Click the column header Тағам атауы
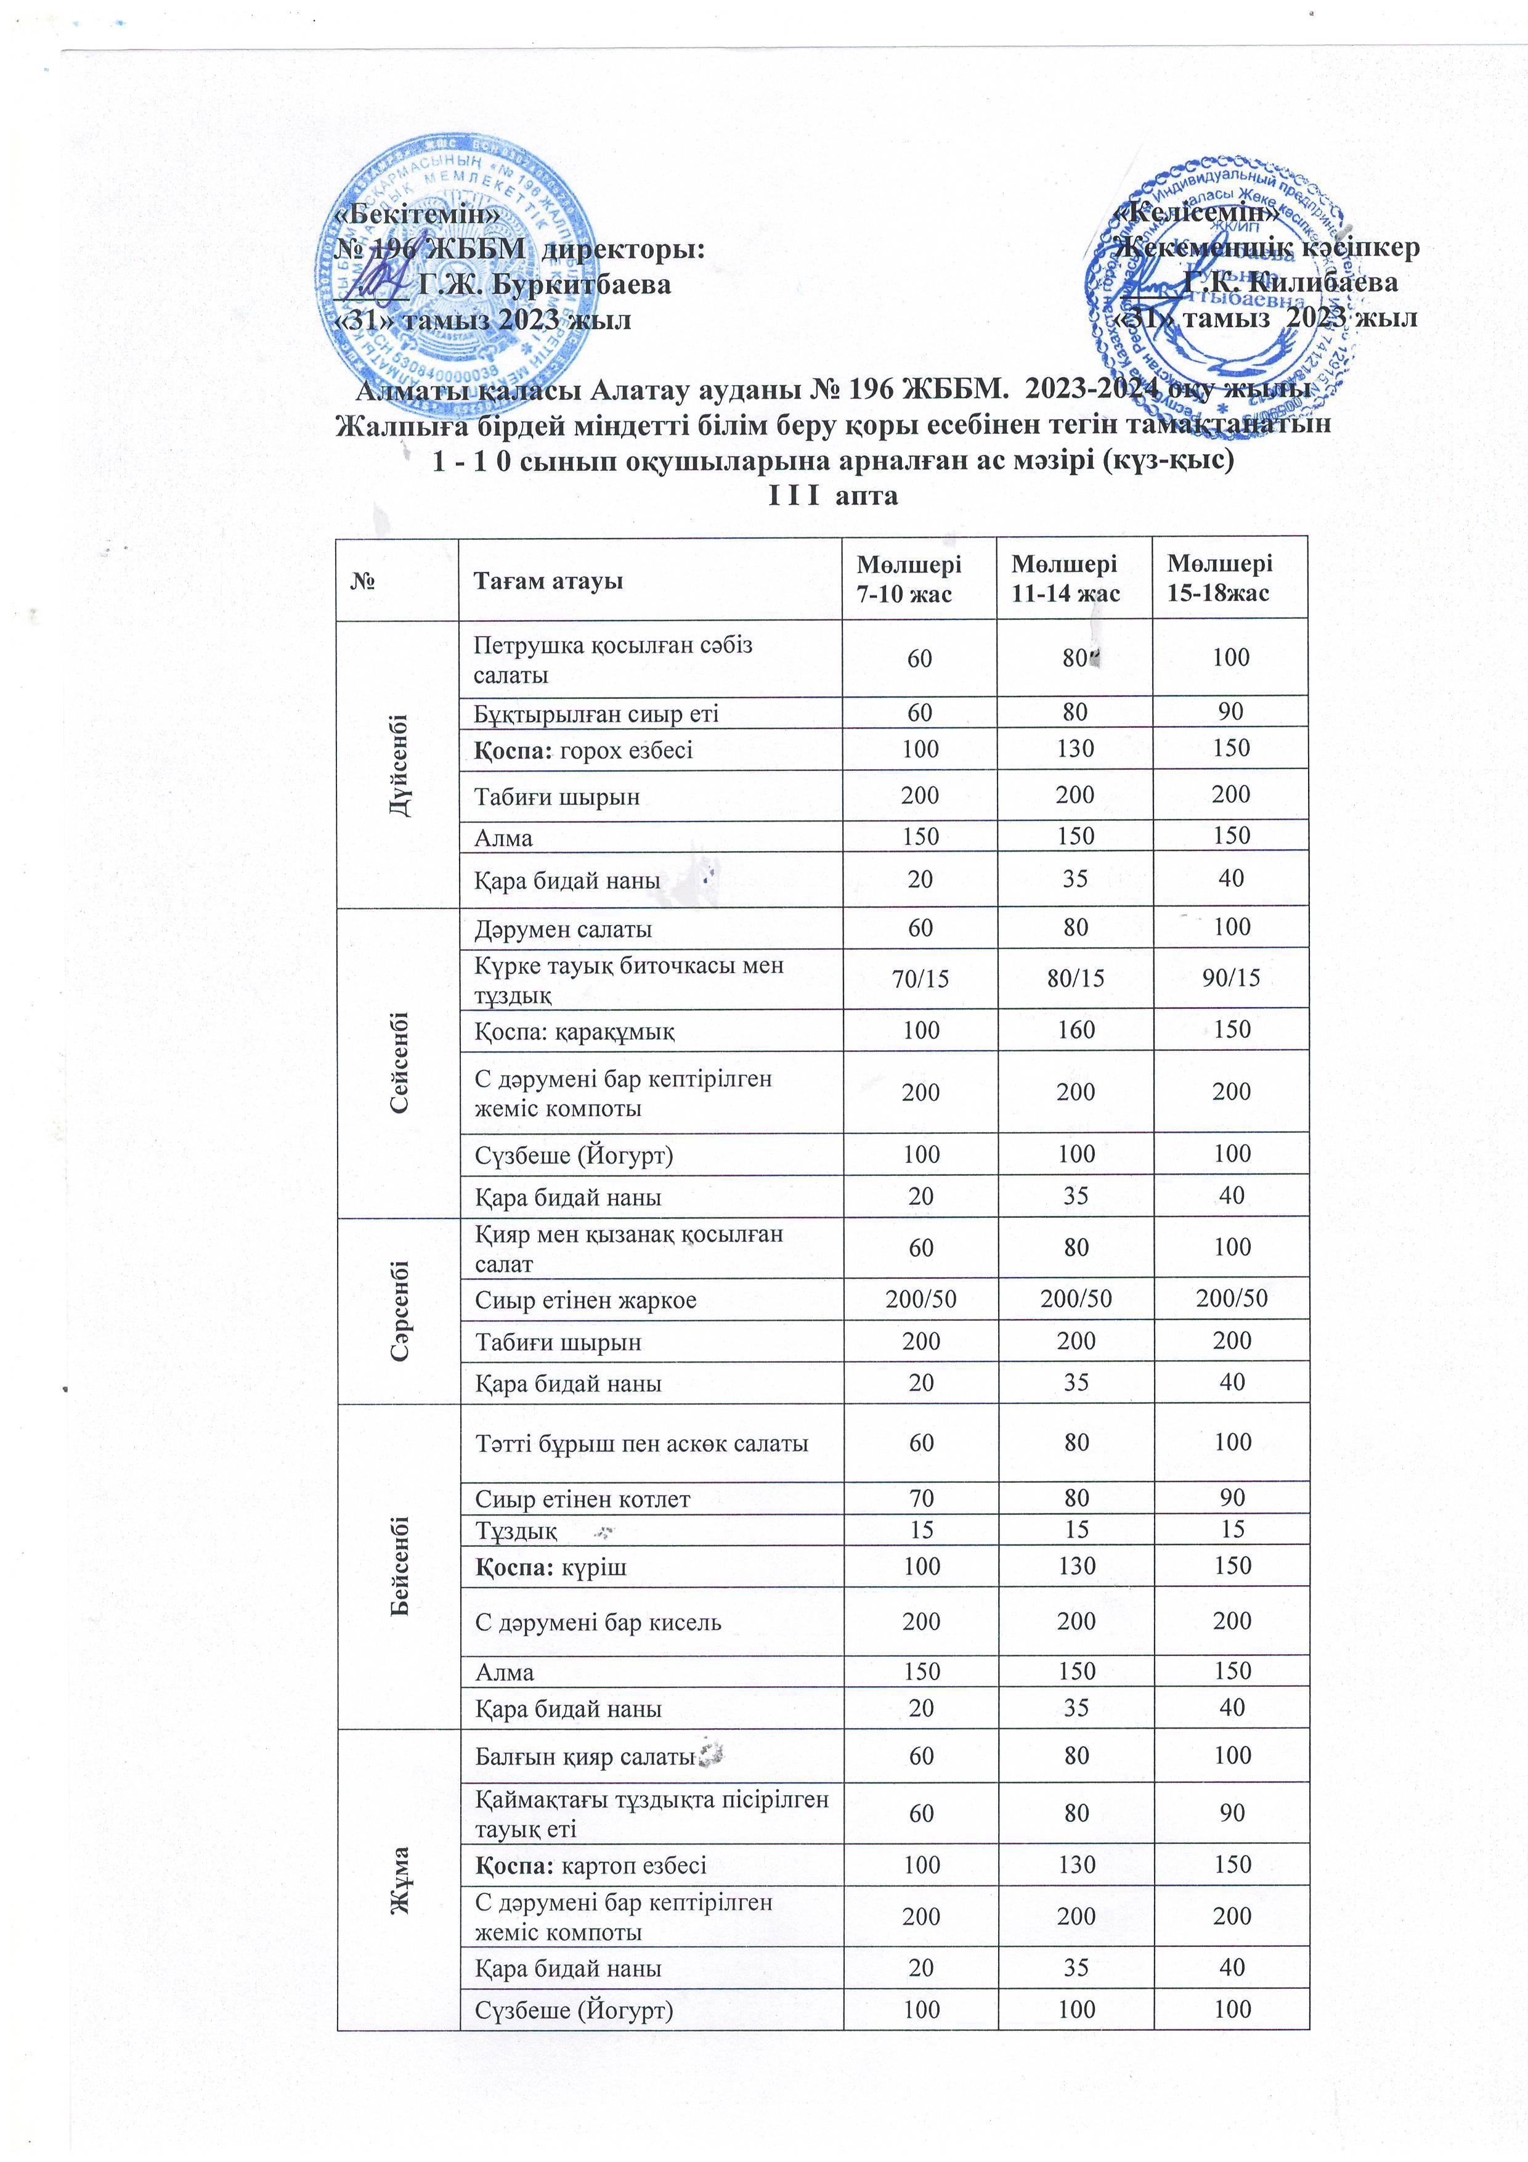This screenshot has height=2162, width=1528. click(548, 581)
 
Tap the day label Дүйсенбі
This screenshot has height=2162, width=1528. click(399, 765)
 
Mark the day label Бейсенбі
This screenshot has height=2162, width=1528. click(399, 1565)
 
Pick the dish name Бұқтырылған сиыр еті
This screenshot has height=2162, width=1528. click(596, 714)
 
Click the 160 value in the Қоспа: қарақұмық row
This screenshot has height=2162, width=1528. click(1075, 1030)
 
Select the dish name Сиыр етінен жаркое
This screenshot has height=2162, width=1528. click(585, 1300)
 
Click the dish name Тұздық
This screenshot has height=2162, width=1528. click(516, 1531)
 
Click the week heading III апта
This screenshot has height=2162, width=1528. click(833, 496)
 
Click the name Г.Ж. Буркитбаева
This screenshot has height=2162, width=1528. click(544, 284)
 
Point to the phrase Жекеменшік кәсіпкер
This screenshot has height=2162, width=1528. click(1266, 248)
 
